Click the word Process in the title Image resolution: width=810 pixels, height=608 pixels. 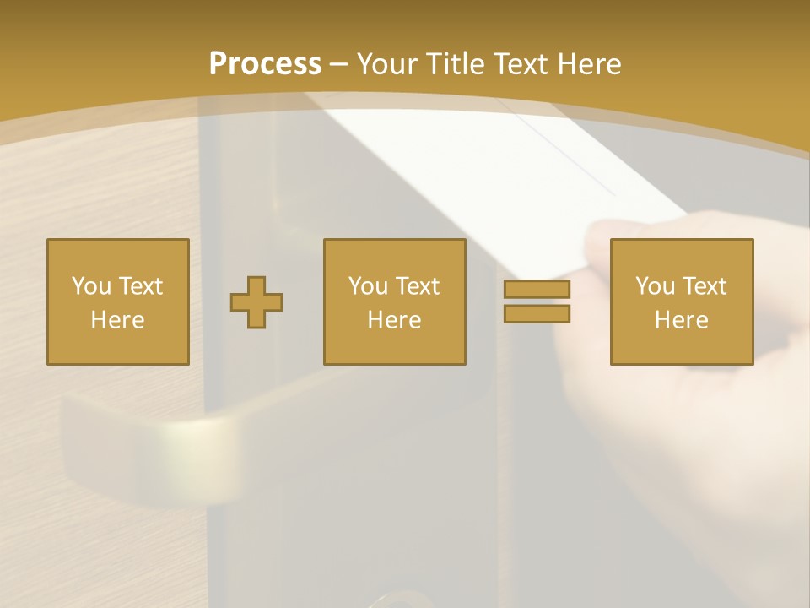(265, 64)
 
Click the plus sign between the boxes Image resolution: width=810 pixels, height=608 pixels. (256, 302)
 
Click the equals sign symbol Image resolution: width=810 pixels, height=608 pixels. (537, 301)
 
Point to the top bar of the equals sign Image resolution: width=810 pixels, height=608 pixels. (537, 290)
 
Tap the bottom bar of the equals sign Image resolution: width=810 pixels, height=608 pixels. (537, 313)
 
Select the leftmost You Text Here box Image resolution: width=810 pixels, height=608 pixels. (118, 301)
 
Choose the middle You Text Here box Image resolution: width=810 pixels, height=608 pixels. (394, 301)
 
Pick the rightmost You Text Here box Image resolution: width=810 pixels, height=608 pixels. (681, 301)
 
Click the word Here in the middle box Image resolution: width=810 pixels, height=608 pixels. (394, 320)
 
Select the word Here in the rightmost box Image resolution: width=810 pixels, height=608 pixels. (681, 320)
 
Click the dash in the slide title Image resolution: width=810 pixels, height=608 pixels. (339, 64)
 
